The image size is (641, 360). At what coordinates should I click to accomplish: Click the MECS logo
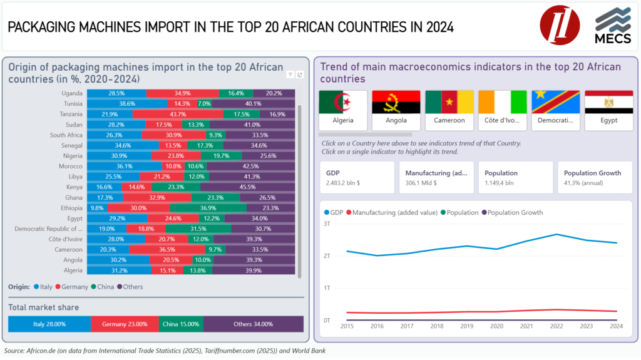[613, 26]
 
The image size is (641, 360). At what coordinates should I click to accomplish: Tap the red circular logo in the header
[560, 26]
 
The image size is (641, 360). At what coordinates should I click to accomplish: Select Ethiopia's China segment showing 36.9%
[208, 208]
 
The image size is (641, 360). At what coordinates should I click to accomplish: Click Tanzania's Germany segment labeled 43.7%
[178, 114]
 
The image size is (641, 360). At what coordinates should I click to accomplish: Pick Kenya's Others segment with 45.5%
[247, 187]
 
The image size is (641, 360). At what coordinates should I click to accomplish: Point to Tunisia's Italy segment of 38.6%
[127, 104]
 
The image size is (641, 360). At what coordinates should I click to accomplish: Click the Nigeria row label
[73, 156]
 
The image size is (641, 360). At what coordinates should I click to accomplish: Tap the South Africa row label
[66, 135]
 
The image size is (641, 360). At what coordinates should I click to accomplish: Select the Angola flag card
[396, 110]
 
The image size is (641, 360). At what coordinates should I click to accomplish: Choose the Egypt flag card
[608, 110]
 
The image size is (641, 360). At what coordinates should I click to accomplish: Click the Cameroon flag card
[449, 110]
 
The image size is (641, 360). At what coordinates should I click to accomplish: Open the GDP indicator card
[357, 177]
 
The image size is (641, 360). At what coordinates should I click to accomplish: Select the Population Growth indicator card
[595, 177]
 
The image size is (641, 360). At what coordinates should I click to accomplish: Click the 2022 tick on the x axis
[556, 326]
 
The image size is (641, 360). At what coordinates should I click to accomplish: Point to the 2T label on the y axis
[327, 256]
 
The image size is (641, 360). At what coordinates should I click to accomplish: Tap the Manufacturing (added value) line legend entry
[392, 213]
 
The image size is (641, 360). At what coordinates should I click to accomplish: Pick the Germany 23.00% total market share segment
[125, 324]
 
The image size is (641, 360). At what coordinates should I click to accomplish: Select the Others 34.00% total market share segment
[253, 324]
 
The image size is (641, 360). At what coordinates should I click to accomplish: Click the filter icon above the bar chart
[290, 75]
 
